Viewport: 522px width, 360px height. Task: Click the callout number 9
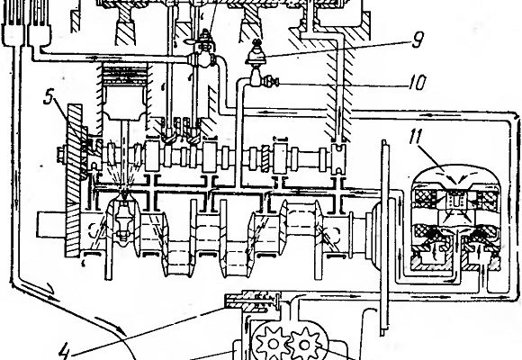pyautogui.click(x=417, y=40)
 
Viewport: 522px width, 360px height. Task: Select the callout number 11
pyautogui.click(x=416, y=136)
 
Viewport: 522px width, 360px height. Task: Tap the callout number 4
pyautogui.click(x=65, y=350)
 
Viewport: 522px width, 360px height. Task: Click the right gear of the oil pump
pyautogui.click(x=304, y=344)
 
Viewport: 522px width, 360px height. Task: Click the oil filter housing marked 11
pyautogui.click(x=456, y=218)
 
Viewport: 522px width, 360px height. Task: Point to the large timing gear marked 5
pyautogui.click(x=75, y=180)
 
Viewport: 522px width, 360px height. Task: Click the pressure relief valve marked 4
pyautogui.click(x=254, y=301)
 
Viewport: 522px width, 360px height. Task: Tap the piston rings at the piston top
pyautogui.click(x=125, y=74)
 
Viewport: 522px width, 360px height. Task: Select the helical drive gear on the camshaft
pyautogui.click(x=265, y=159)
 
